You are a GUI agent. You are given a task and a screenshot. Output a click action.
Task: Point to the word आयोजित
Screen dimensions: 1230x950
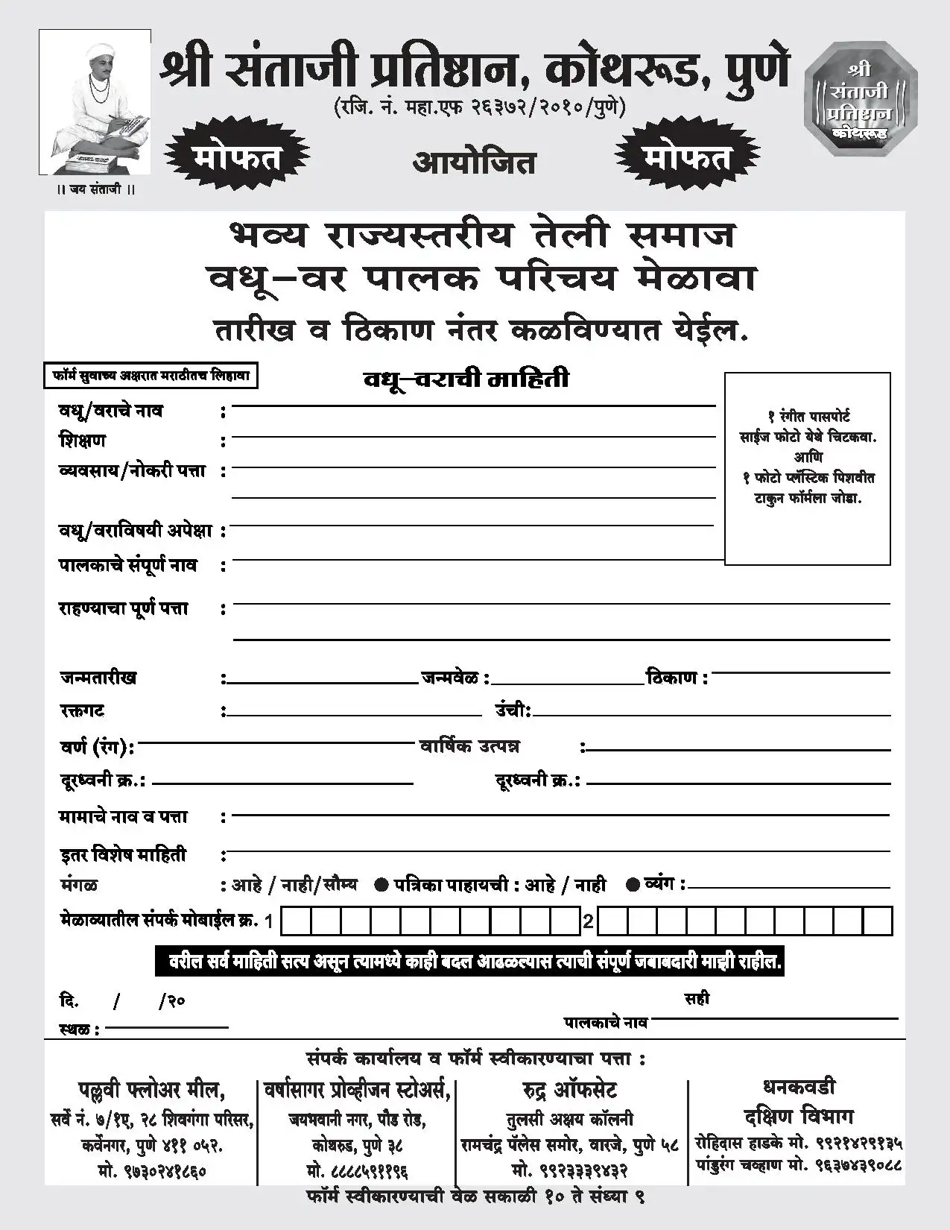474,162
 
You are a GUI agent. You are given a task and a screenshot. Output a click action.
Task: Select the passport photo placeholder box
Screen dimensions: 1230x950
807,468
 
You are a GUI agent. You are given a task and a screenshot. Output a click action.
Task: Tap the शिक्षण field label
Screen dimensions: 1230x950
83,441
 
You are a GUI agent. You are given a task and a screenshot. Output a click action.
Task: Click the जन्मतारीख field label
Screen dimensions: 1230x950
98,678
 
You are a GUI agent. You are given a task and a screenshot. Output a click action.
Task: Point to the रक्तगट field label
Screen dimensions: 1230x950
83,710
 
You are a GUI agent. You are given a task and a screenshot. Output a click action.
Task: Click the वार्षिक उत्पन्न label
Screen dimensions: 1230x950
469,746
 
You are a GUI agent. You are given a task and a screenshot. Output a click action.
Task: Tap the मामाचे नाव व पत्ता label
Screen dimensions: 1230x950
124,817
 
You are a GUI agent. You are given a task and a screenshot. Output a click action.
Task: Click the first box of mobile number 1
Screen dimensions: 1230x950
297,922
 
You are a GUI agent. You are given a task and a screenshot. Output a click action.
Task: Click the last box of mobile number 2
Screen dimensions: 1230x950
877,922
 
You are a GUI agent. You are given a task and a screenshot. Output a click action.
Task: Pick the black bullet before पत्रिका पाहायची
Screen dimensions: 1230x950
381,885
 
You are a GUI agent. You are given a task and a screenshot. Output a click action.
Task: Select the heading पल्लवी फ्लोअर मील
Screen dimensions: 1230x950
151,1090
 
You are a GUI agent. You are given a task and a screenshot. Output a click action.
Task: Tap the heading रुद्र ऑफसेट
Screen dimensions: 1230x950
570,1090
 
